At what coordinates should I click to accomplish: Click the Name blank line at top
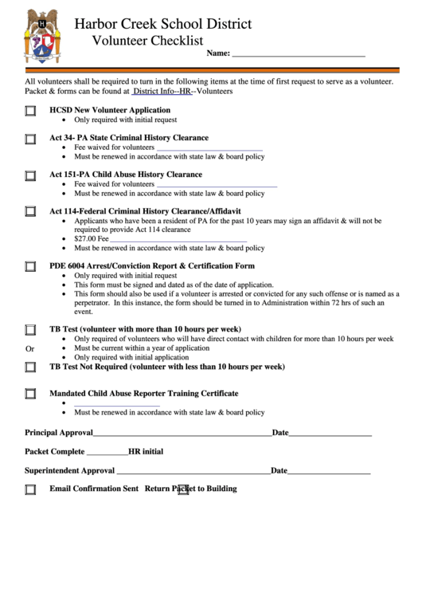[298, 55]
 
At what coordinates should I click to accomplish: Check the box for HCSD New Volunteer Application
[30, 112]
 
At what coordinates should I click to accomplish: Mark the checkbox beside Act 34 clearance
[30, 139]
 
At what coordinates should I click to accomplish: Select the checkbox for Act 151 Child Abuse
[30, 176]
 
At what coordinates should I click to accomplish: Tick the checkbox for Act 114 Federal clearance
[30, 212]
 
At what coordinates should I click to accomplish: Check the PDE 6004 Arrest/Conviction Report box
[30, 267]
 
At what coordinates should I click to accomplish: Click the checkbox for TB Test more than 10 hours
[30, 330]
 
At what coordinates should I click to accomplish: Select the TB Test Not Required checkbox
[30, 367]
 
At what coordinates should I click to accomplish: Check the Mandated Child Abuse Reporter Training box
[30, 394]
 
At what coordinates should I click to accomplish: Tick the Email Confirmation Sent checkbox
[30, 489]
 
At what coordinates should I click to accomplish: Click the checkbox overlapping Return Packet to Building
[182, 489]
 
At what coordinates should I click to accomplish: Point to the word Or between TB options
[30, 349]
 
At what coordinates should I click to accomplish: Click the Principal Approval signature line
[182, 434]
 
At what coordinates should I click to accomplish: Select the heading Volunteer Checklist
[147, 41]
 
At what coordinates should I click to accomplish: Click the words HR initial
[146, 451]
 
